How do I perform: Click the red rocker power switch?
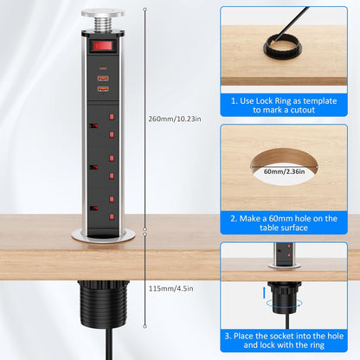(103, 46)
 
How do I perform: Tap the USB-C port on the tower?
(103, 68)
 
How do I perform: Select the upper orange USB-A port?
(103, 78)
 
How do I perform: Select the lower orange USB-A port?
(103, 89)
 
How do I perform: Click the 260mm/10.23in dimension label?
(175, 119)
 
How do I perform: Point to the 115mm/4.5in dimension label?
(171, 288)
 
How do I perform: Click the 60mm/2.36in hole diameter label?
(285, 171)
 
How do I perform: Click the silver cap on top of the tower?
(103, 13)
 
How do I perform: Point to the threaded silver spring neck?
(103, 23)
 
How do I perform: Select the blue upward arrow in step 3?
(264, 292)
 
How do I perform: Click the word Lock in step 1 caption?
(265, 101)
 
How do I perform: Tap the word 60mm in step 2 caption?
(286, 219)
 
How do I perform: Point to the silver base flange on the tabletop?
(103, 235)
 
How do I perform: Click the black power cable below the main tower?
(110, 344)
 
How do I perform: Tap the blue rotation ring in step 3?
(284, 304)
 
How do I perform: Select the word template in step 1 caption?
(320, 101)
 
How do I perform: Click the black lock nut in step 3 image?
(285, 298)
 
